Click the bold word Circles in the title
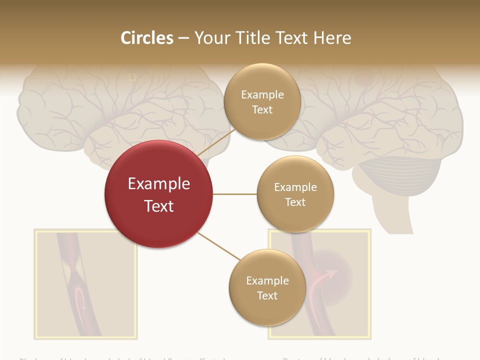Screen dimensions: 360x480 tap(147, 38)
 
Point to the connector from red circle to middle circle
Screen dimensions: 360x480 tap(234, 194)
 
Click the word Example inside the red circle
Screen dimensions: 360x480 tap(159, 183)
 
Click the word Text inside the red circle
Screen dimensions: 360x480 tap(159, 206)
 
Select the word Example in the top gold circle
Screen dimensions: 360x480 tap(262, 94)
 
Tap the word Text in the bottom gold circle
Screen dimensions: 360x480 tap(267, 295)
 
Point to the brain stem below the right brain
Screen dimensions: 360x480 tap(400, 215)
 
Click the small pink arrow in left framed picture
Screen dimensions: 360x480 tap(80, 300)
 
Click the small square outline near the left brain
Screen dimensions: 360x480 tap(132, 77)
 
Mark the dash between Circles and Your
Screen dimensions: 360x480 tap(183, 38)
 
